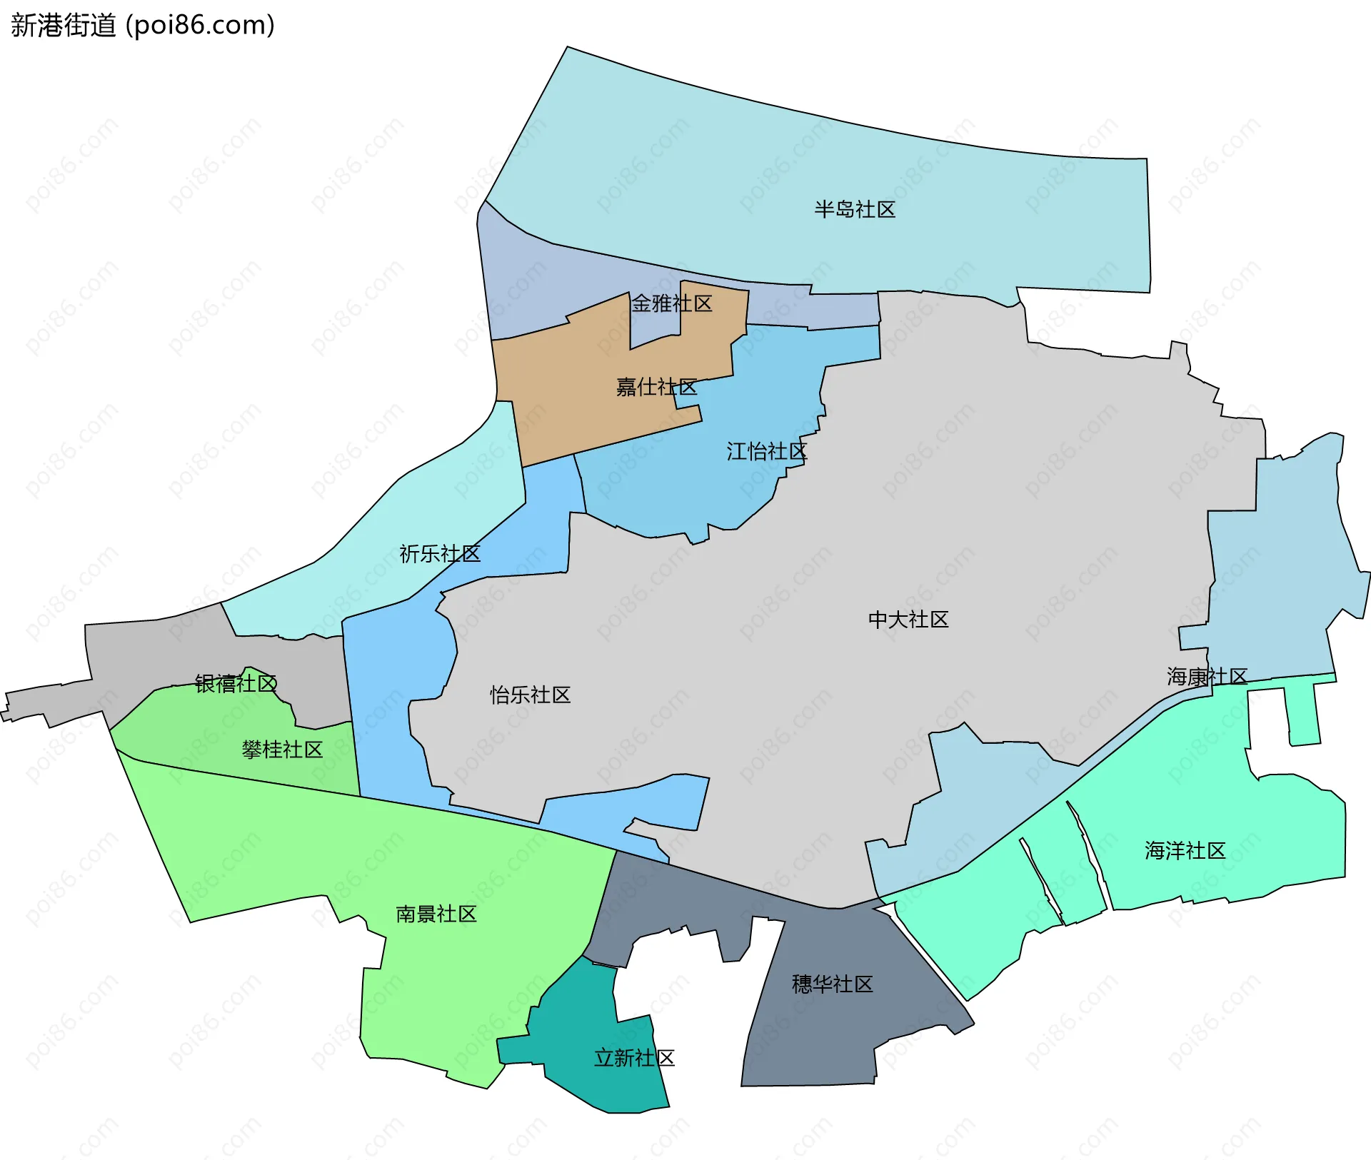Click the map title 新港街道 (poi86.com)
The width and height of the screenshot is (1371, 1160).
(x=143, y=26)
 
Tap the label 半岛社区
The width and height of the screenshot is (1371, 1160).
(x=854, y=209)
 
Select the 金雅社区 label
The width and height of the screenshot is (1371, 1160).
(x=671, y=303)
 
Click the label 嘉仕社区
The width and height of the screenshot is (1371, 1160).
(x=656, y=387)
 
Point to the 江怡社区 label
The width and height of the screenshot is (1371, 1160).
(x=766, y=451)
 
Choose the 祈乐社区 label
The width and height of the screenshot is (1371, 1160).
(x=439, y=553)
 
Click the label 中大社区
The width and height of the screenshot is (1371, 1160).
(x=908, y=619)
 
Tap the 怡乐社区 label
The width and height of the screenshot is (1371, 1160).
(x=530, y=695)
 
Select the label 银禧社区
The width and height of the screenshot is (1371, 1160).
(x=236, y=683)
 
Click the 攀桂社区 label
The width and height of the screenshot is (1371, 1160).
(x=282, y=750)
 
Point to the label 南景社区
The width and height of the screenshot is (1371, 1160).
(x=436, y=914)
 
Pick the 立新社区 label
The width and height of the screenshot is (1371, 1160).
(x=634, y=1057)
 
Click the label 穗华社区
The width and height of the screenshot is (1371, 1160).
(x=832, y=984)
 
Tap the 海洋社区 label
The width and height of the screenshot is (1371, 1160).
(x=1185, y=850)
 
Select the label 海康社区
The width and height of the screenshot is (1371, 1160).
(x=1207, y=676)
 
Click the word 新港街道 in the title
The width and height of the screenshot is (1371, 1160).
(x=63, y=26)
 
